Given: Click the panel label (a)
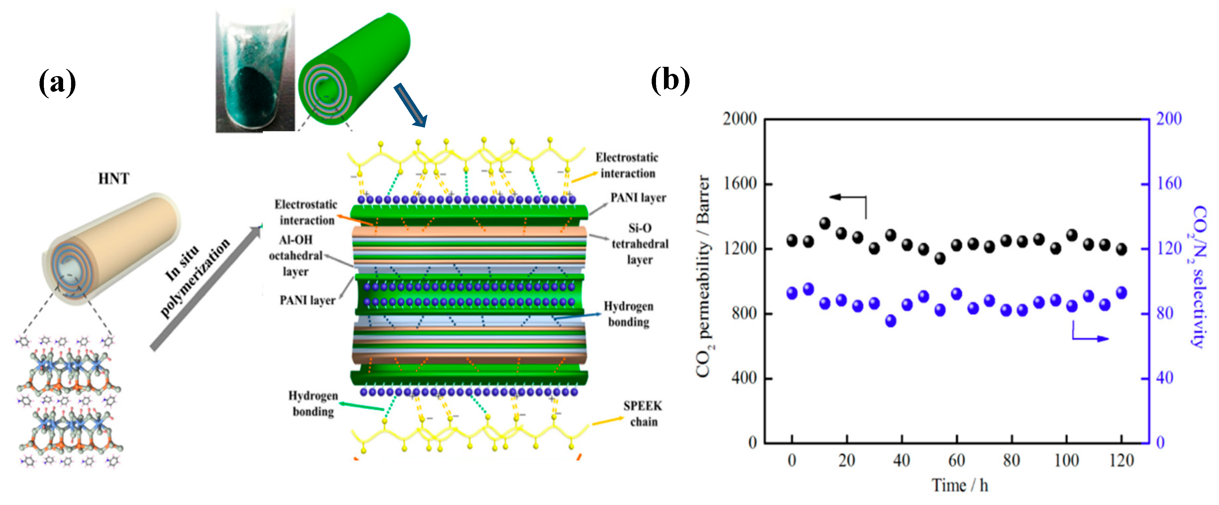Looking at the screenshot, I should coord(57,82).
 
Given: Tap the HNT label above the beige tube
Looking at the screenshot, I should coord(114,179).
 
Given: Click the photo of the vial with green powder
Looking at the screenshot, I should coord(254,71).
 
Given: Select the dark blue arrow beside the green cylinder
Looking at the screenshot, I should coord(410,105).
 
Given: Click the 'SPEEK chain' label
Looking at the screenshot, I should coord(643,414).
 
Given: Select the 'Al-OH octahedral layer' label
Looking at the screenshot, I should coord(296,255).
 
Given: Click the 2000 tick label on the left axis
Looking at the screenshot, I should coord(739,119).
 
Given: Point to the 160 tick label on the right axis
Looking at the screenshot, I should coord(1169,184).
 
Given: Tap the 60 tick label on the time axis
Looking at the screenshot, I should coord(956,460).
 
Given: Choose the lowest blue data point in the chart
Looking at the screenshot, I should coord(891,321).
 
